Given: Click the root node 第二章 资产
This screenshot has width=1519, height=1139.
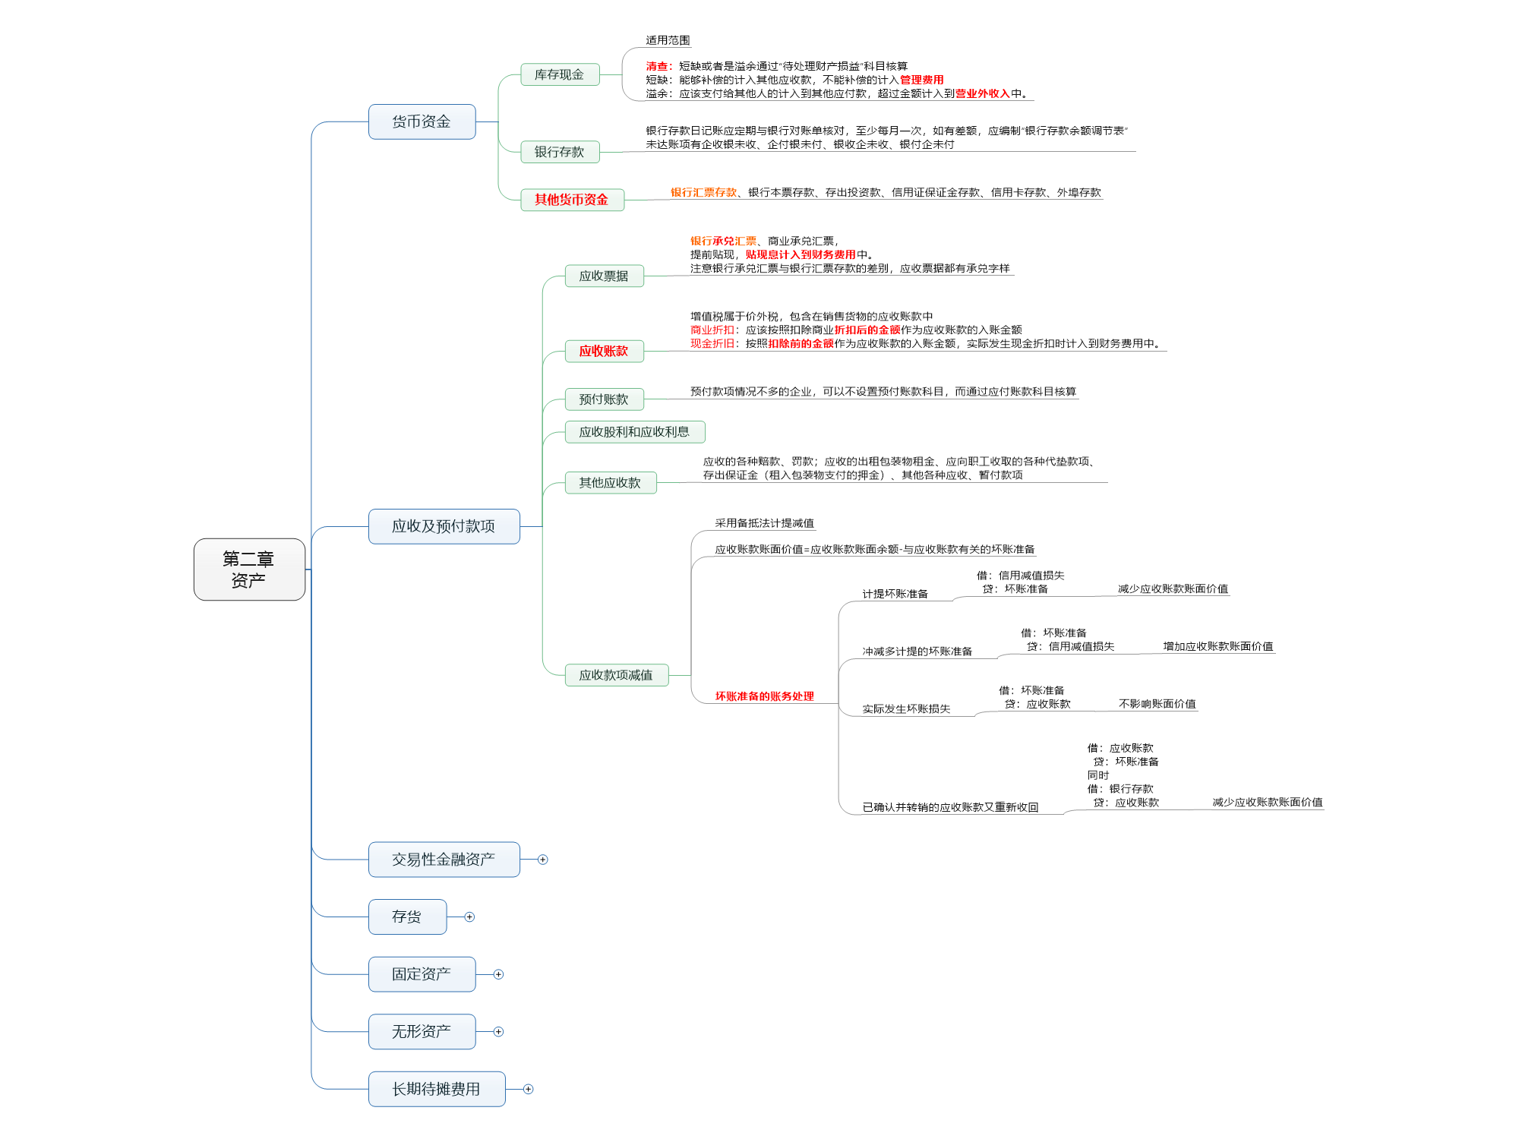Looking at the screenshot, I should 249,569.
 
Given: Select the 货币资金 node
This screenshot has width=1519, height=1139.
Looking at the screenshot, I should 422,121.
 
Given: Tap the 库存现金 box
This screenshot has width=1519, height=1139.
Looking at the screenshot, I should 560,74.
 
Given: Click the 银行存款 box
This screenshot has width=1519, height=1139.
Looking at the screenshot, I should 560,152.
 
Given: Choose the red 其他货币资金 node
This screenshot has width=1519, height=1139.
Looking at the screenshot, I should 572,200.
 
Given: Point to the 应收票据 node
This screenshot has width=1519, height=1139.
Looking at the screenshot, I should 604,276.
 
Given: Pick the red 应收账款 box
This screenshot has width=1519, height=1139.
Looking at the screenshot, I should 604,351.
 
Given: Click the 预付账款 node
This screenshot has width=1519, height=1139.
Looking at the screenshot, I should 604,399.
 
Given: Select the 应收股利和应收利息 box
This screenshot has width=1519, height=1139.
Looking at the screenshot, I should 634,432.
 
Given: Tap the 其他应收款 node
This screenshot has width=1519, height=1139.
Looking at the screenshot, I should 610,483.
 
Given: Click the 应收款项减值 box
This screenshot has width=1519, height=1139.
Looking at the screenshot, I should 616,675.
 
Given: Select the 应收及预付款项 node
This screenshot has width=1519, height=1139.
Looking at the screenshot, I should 444,526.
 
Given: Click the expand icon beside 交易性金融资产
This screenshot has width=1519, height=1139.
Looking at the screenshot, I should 542,860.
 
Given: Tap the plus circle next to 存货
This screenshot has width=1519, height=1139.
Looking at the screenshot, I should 469,917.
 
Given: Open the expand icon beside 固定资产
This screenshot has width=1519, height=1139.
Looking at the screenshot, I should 498,974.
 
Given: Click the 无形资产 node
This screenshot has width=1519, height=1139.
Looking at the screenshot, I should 422,1032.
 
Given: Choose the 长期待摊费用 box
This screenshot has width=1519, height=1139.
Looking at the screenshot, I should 436,1089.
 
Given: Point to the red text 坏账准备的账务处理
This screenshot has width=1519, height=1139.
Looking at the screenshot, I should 764,696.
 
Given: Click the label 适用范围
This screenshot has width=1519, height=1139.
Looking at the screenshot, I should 668,40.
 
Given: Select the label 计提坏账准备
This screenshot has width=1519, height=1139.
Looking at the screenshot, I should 895,594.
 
